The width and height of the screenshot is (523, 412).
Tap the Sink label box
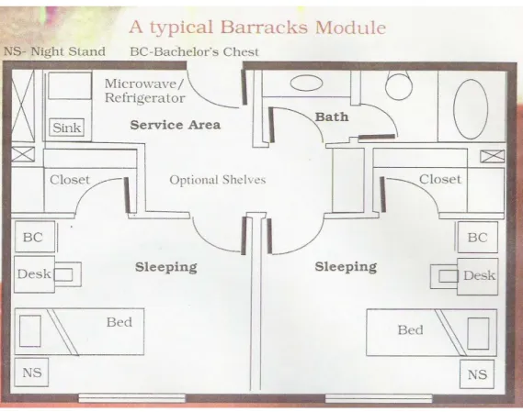pos(67,128)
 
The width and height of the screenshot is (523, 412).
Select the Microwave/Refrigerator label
pos(144,91)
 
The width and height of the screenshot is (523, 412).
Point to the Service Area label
pos(176,125)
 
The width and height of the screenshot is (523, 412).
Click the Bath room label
pos(332,117)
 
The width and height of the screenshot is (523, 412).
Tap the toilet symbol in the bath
pos(399,85)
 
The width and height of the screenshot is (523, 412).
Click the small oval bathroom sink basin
pos(306,83)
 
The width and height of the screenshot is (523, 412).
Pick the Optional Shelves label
pos(218,180)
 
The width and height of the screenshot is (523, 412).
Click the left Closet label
pos(70,180)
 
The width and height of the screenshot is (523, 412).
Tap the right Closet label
pos(440,179)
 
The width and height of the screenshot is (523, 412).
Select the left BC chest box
pos(35,237)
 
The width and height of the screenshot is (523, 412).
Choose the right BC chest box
pos(477,237)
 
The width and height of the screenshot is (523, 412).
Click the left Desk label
pos(34,273)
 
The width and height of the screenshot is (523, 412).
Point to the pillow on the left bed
pos(30,331)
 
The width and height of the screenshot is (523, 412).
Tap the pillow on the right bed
pos(478,333)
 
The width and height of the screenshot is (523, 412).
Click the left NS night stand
pos(31,373)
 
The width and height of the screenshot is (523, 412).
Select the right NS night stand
pos(477,374)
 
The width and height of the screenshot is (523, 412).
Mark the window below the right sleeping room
pos(379,398)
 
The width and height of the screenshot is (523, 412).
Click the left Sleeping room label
pos(165,267)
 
